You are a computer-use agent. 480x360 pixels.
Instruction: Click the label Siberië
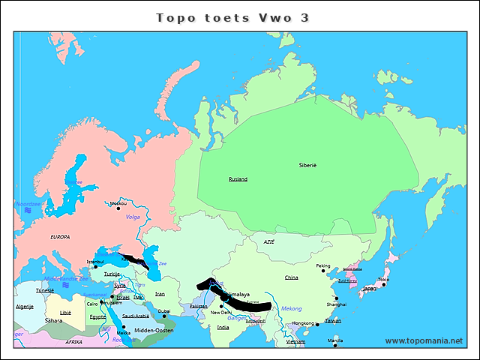(x=307, y=164)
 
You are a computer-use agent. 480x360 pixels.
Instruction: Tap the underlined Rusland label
(x=238, y=179)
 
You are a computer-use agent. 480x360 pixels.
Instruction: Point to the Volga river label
(x=133, y=217)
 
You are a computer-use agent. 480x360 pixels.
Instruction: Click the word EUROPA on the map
(x=60, y=237)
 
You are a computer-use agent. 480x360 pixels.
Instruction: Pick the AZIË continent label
(x=269, y=242)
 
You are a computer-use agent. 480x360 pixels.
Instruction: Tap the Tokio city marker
(x=383, y=285)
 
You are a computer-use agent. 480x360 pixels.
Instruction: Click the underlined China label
(x=291, y=277)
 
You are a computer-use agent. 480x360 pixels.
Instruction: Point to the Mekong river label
(x=291, y=308)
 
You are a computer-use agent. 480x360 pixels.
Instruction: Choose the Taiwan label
(x=333, y=320)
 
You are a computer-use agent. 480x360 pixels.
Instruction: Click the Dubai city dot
(x=164, y=316)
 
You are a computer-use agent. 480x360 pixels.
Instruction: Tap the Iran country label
(x=160, y=294)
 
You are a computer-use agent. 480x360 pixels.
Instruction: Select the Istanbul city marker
(x=95, y=266)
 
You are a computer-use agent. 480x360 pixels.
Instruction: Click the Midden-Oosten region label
(x=154, y=330)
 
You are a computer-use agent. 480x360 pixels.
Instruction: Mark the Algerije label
(x=25, y=307)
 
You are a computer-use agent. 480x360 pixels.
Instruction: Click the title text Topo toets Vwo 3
(x=232, y=17)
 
